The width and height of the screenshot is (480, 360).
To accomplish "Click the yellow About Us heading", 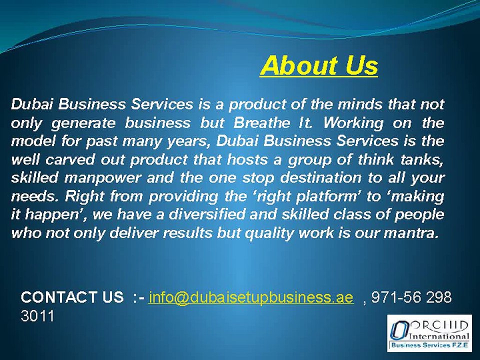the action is click(319, 65).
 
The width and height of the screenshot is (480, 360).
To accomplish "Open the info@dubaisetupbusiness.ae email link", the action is click(251, 297).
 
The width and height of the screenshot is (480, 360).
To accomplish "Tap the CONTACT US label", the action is click(72, 297).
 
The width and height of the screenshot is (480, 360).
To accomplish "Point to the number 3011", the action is click(37, 316).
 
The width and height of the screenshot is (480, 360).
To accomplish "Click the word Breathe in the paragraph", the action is click(261, 123).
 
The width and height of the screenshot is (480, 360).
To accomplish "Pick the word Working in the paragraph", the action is click(353, 123).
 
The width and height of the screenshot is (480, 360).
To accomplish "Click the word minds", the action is click(360, 104).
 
